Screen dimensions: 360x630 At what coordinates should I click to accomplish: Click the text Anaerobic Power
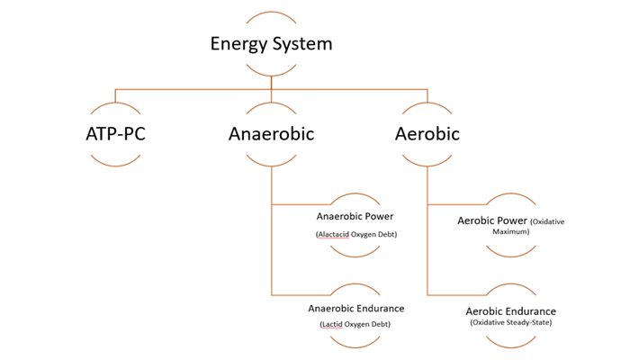pos(355,217)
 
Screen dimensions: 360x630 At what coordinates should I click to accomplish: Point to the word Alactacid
pos(333,235)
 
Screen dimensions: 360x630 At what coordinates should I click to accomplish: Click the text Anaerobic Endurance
pos(356,308)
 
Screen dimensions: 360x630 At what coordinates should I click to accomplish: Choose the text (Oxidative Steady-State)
pos(510,322)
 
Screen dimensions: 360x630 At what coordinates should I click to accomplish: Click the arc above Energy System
pos(271,15)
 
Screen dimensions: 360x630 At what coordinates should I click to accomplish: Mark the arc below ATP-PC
pos(114,163)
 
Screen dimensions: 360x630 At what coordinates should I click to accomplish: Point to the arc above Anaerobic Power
pos(355,195)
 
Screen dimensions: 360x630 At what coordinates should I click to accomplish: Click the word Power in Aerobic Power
pos(510,220)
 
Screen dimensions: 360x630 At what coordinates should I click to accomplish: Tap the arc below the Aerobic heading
pos(427,163)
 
